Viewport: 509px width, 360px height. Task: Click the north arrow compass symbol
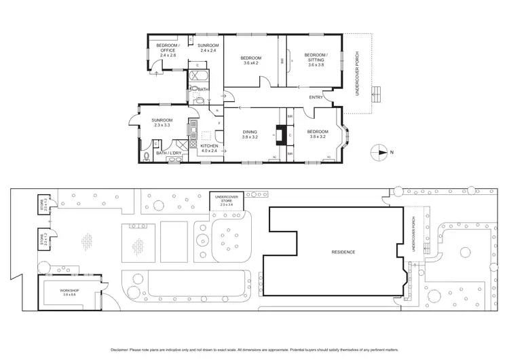(x=379, y=151)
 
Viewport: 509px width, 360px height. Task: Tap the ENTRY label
(x=316, y=97)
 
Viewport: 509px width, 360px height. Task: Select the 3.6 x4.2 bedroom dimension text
(x=250, y=63)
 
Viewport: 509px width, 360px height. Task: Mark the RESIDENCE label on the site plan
(x=343, y=252)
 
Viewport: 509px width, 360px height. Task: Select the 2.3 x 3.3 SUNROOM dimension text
(x=164, y=126)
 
